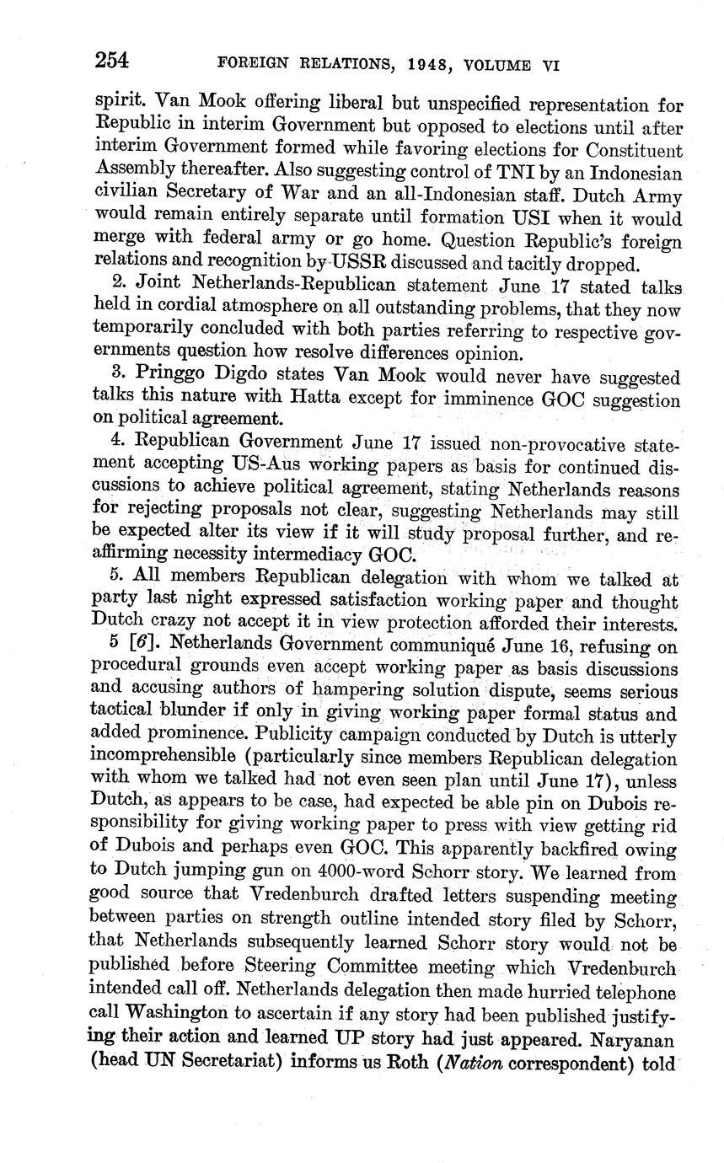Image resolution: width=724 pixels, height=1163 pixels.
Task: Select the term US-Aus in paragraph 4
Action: point(260,464)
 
